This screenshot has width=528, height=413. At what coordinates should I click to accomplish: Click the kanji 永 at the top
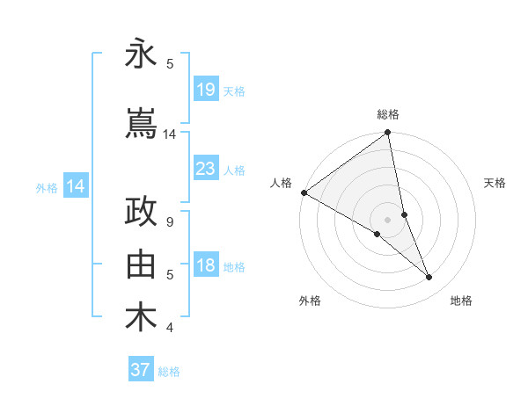[141, 54]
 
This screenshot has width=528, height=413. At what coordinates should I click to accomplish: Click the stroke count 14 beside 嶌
[170, 134]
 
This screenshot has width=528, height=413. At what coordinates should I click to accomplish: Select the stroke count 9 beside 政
[170, 222]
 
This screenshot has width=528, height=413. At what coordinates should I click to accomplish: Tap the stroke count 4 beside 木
[170, 328]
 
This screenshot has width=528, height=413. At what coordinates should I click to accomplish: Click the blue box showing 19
[205, 90]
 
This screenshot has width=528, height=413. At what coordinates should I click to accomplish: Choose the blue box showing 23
[205, 169]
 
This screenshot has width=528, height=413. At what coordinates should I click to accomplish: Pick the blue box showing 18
[205, 265]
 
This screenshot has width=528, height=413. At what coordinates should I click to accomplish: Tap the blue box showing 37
[141, 370]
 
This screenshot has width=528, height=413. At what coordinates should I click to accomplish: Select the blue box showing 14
[75, 186]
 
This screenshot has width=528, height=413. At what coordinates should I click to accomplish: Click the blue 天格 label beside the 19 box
[234, 91]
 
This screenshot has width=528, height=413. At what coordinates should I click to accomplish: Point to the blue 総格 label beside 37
[169, 372]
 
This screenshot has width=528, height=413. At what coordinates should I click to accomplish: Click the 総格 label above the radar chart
[388, 114]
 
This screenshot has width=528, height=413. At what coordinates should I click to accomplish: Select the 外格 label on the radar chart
[310, 301]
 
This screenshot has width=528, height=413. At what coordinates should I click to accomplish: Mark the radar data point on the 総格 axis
[388, 134]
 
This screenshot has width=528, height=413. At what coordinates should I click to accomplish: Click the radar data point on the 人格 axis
[304, 192]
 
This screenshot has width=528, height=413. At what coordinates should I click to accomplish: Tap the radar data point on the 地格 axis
[429, 277]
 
